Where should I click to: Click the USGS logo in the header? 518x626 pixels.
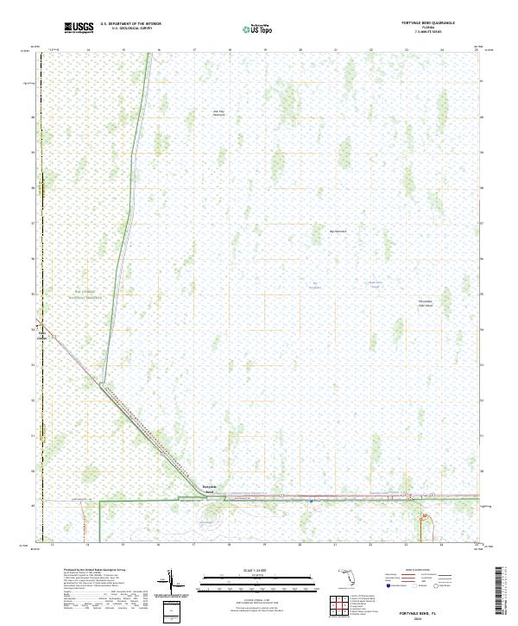pyautogui.click(x=79, y=28)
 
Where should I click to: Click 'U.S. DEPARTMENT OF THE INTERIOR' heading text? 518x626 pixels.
pyautogui.click(x=130, y=24)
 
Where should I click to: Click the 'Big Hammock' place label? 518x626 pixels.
pyautogui.click(x=338, y=231)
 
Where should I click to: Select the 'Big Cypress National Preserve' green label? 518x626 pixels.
pyautogui.click(x=87, y=294)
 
